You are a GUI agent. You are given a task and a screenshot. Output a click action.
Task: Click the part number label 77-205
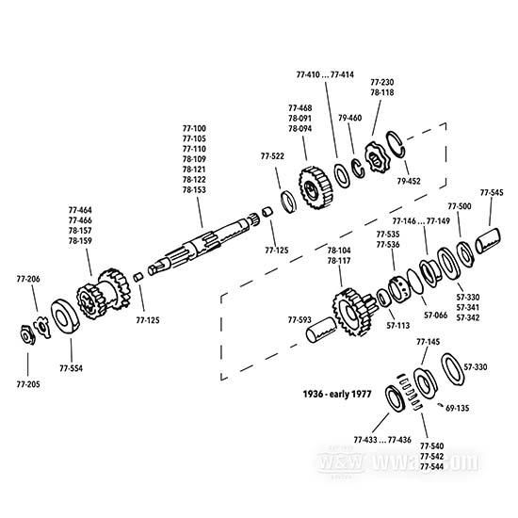(28, 384)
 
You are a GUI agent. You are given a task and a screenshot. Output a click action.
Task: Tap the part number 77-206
(28, 280)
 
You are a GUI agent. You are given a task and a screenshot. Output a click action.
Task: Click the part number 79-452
(410, 179)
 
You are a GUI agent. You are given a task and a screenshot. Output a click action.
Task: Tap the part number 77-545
(492, 192)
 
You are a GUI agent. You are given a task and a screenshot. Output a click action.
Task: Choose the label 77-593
(300, 320)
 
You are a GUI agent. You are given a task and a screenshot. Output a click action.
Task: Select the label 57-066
(435, 316)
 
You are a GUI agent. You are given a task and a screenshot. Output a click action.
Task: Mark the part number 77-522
(273, 155)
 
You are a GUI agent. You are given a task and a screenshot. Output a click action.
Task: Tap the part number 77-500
(460, 205)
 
